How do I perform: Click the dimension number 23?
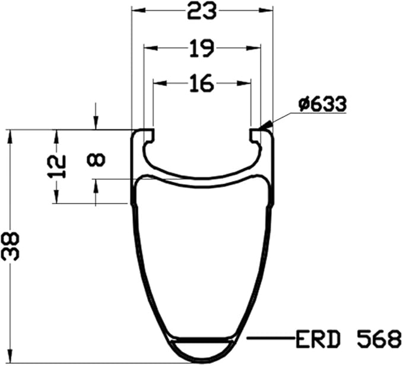click(x=202, y=11)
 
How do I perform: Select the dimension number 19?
click(x=202, y=48)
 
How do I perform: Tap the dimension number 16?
click(x=202, y=83)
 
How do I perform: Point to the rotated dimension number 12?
click(x=57, y=167)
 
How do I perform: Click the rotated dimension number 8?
click(x=96, y=159)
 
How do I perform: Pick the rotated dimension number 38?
click(x=10, y=247)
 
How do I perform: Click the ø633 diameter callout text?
click(x=322, y=105)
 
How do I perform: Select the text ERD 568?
click(x=348, y=339)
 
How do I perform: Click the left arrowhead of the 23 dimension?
click(x=138, y=11)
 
